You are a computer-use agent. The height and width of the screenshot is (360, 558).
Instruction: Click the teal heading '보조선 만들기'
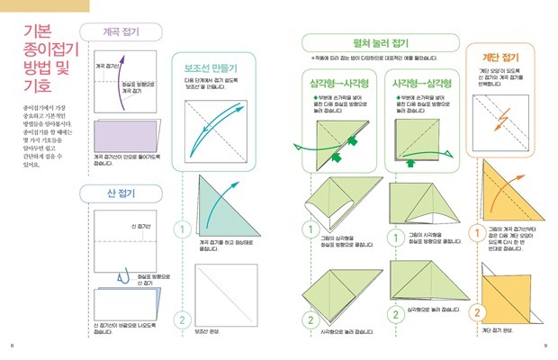click(211, 67)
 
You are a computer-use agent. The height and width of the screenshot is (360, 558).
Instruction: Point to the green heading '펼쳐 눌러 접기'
click(375, 41)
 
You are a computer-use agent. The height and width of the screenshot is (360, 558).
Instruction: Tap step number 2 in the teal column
click(180, 319)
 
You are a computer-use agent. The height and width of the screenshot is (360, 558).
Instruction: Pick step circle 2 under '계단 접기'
click(475, 312)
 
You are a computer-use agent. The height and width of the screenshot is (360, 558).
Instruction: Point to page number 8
click(11, 346)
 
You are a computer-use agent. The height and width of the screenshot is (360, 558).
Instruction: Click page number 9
click(545, 346)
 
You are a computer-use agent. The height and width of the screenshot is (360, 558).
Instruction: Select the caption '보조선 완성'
click(207, 330)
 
